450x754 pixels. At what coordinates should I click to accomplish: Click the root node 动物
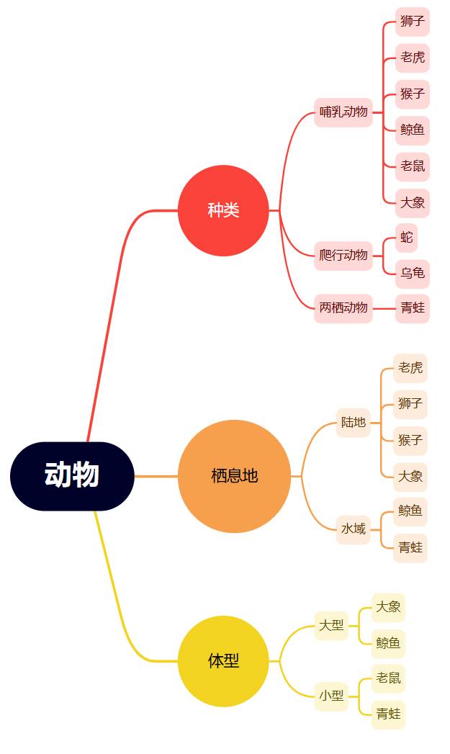click(x=72, y=476)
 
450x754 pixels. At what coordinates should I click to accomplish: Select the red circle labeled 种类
click(x=223, y=210)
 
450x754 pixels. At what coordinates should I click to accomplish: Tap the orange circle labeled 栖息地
click(x=234, y=476)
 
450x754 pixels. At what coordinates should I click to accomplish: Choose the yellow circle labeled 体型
click(x=223, y=661)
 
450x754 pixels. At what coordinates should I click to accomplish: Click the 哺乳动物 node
click(x=343, y=112)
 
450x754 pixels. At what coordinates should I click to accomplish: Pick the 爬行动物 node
click(x=343, y=256)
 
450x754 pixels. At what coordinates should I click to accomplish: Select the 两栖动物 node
click(x=343, y=308)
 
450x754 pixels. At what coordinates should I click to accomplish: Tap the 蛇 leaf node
click(x=407, y=238)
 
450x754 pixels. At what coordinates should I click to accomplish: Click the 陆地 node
click(x=354, y=423)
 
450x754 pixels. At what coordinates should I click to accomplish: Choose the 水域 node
click(x=354, y=529)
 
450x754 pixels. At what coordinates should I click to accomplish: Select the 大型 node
click(x=331, y=625)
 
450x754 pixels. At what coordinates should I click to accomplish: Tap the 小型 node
click(x=331, y=696)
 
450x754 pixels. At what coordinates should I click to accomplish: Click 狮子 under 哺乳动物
click(x=413, y=22)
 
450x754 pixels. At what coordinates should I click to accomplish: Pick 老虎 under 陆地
click(x=410, y=368)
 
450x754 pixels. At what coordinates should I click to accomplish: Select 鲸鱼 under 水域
click(x=410, y=511)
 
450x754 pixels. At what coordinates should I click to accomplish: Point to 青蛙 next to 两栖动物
click(x=413, y=308)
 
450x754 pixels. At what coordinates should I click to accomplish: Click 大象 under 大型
click(x=388, y=607)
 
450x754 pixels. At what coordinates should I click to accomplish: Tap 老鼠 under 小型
click(x=388, y=678)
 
